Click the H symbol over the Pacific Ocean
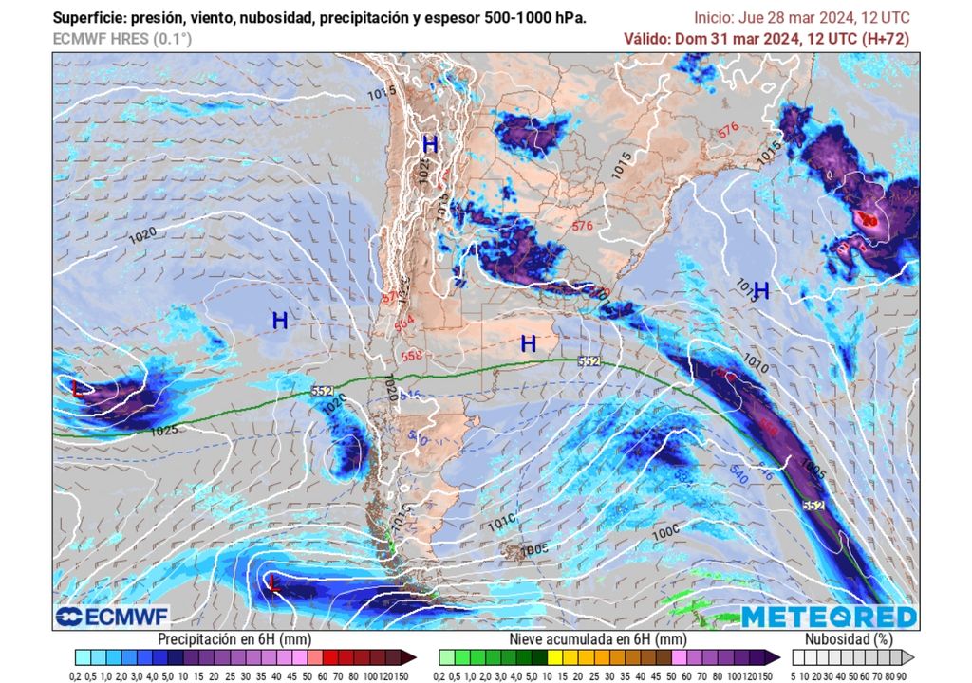click(x=279, y=321)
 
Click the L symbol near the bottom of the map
click(x=274, y=582)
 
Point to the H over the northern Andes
click(x=430, y=145)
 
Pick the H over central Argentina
click(x=529, y=343)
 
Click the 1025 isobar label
click(x=163, y=431)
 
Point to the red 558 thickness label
click(x=410, y=357)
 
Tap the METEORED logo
click(x=829, y=617)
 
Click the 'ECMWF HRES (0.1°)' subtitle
click(x=122, y=39)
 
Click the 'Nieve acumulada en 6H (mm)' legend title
click(x=597, y=639)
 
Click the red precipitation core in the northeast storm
click(x=868, y=221)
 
